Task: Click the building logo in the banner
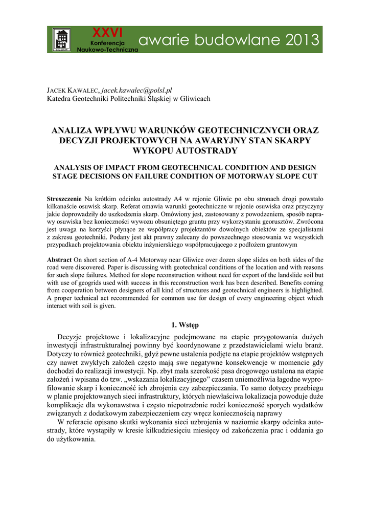[62, 39]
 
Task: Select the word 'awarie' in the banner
[163, 39]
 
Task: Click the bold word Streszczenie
[64, 198]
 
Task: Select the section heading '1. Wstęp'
[185, 325]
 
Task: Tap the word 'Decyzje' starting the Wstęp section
[70, 337]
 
